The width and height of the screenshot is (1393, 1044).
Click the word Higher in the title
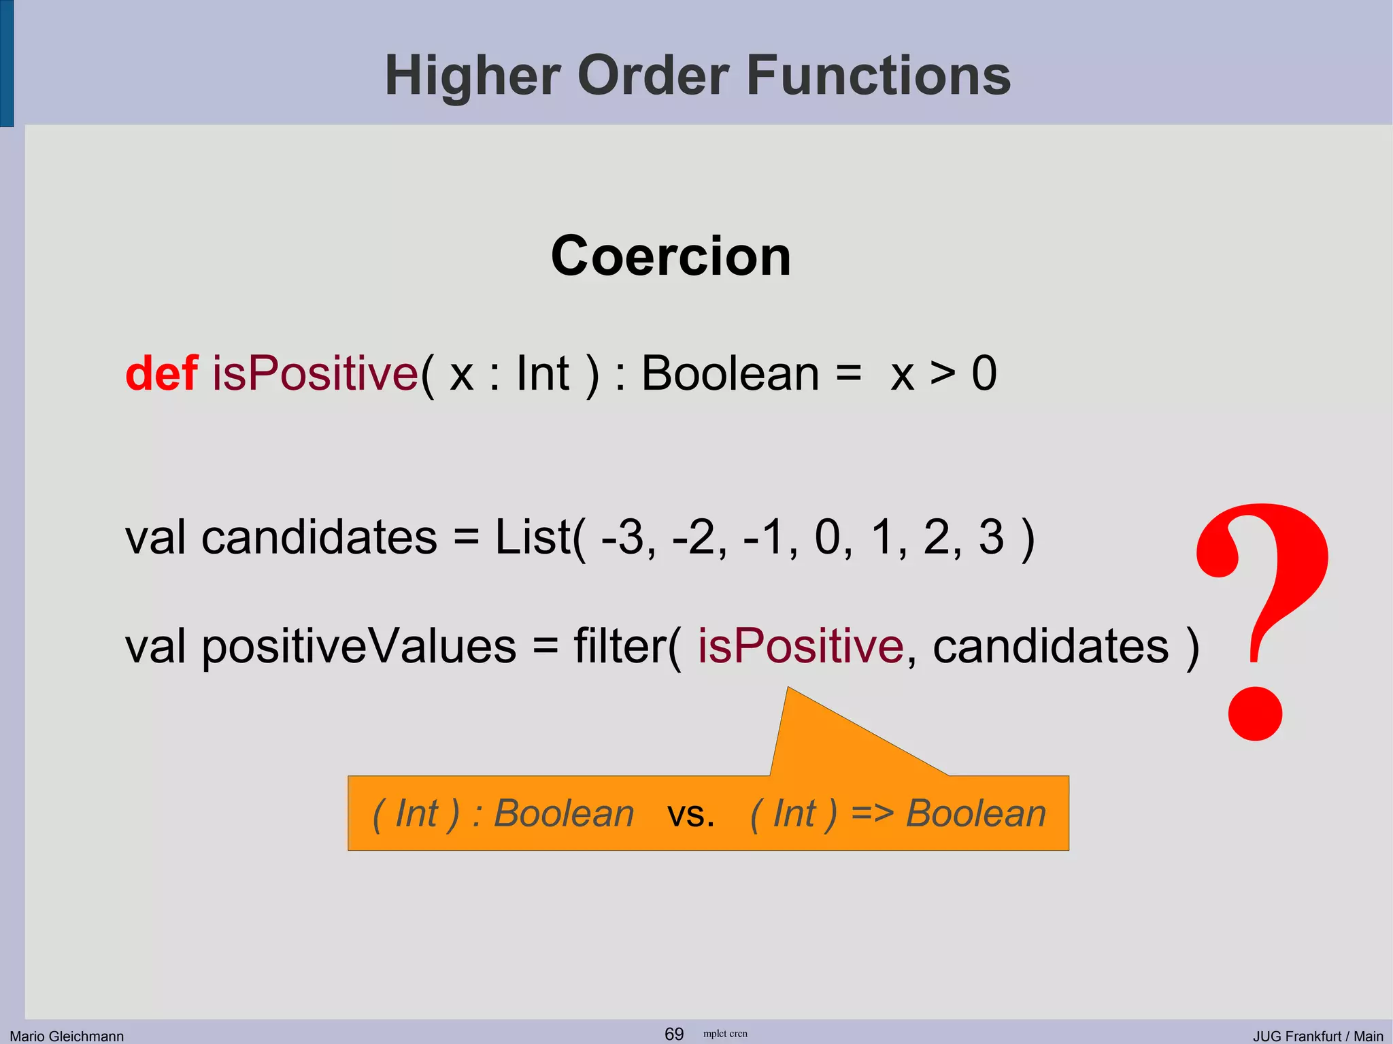coord(472,76)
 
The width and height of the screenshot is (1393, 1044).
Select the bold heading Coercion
coord(671,256)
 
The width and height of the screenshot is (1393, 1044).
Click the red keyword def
coord(161,373)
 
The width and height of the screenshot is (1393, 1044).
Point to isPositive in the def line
coord(315,373)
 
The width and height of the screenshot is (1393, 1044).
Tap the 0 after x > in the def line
coord(984,373)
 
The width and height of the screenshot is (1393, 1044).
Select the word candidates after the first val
coord(319,537)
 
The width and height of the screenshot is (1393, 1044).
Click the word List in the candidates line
coord(533,537)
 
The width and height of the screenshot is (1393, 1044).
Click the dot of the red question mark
coord(1255,713)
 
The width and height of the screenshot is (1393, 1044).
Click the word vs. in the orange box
coord(690,814)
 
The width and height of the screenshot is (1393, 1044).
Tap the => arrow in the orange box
coord(872,813)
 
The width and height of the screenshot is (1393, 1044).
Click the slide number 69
coord(673,1034)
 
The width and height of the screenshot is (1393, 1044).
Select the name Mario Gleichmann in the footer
coord(67,1036)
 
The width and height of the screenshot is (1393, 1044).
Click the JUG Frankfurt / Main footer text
coord(1318,1036)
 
